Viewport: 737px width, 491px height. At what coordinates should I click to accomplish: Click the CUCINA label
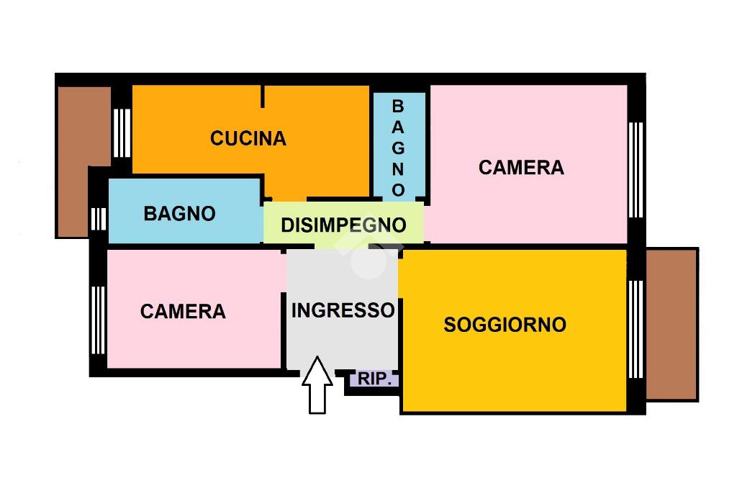(248, 138)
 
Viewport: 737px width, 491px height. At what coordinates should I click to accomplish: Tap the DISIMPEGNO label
(343, 225)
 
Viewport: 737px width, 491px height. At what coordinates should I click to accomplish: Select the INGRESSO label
(343, 310)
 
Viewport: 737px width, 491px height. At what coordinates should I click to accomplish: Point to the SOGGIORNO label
(505, 325)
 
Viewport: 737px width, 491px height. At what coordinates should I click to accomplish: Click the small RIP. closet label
(375, 379)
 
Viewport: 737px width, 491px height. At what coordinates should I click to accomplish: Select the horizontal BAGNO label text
(179, 214)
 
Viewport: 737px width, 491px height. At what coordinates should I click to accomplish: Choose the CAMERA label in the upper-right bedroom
(521, 168)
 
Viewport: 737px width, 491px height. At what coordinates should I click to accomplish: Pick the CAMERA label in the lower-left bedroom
(183, 312)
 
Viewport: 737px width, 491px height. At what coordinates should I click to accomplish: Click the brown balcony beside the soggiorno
(672, 324)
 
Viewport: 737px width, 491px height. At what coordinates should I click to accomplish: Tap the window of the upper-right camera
(636, 170)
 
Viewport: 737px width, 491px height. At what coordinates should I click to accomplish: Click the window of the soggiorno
(636, 328)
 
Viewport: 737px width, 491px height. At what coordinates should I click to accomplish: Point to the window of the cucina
(122, 132)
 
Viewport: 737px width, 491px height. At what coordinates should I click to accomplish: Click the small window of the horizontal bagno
(98, 218)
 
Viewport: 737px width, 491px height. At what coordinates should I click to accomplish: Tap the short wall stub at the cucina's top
(263, 96)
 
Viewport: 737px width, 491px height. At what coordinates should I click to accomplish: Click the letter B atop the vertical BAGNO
(398, 106)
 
